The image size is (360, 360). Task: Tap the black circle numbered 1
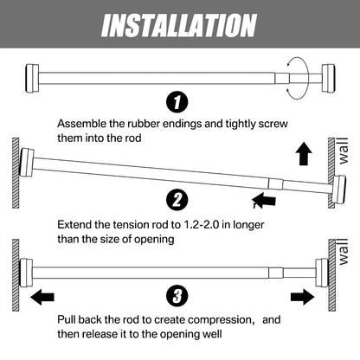pyautogui.click(x=179, y=103)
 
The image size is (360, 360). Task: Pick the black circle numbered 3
pyautogui.click(x=179, y=295)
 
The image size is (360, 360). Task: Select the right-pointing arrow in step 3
pyautogui.click(x=303, y=296)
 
